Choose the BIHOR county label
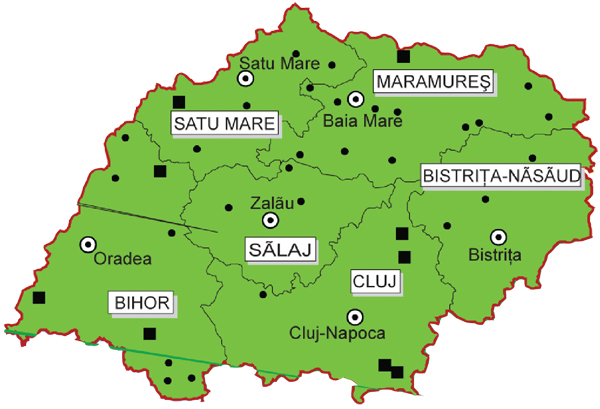[x=141, y=301]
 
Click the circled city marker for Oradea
[x=88, y=243]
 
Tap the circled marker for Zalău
[x=269, y=220]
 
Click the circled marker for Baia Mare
[x=355, y=99]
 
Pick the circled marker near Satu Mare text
[x=245, y=77]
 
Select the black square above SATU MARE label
[x=179, y=102]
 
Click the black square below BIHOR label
[x=149, y=334]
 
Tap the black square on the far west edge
[x=39, y=298]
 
